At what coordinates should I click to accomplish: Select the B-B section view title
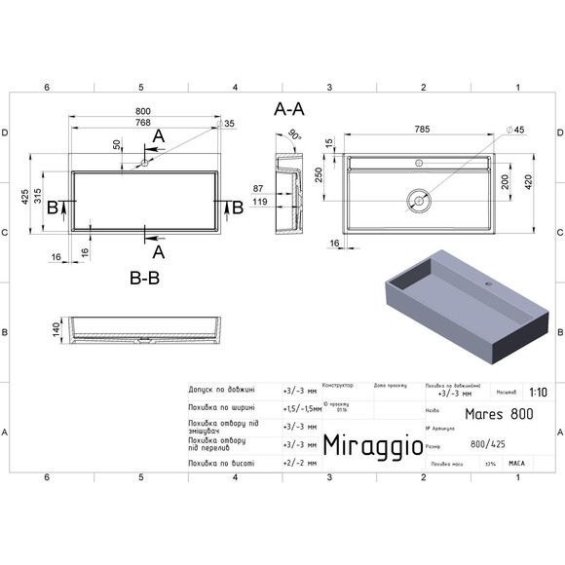(146, 279)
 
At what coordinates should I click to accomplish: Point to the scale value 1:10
(537, 395)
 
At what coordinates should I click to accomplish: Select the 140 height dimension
(42, 329)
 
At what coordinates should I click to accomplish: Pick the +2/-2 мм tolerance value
(300, 464)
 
